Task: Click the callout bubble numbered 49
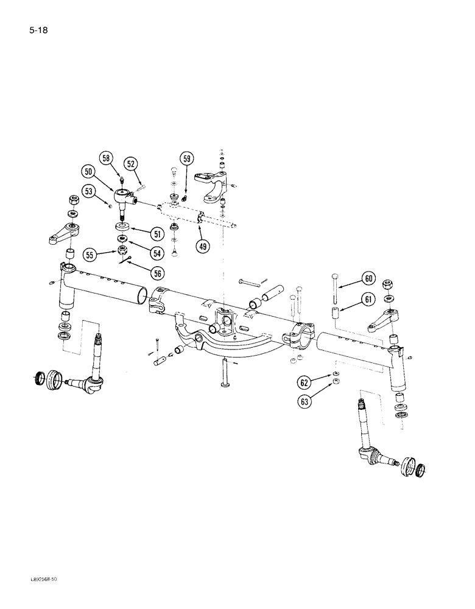tap(202, 246)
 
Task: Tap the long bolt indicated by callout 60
tap(334, 290)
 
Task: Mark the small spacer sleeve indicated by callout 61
tap(334, 314)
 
